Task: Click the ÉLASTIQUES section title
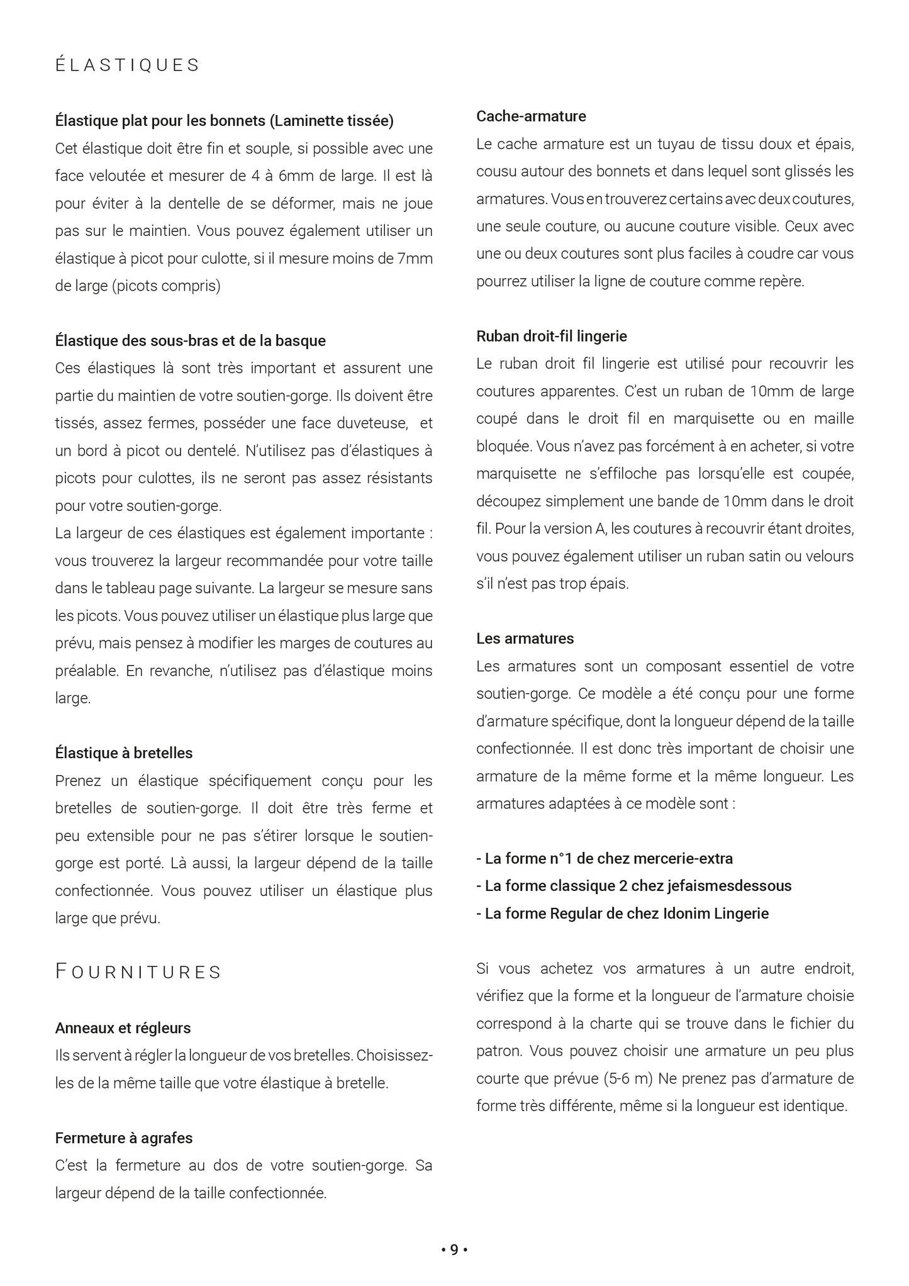127,65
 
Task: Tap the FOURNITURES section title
138,972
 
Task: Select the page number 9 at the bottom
454,1250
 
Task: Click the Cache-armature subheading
531,116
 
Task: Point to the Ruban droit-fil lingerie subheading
552,336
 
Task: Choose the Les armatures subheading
525,639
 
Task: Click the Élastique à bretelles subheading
124,753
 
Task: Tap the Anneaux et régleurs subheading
123,1028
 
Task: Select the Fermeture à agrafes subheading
124,1138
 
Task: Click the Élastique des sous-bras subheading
190,341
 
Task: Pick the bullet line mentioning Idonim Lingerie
623,914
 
